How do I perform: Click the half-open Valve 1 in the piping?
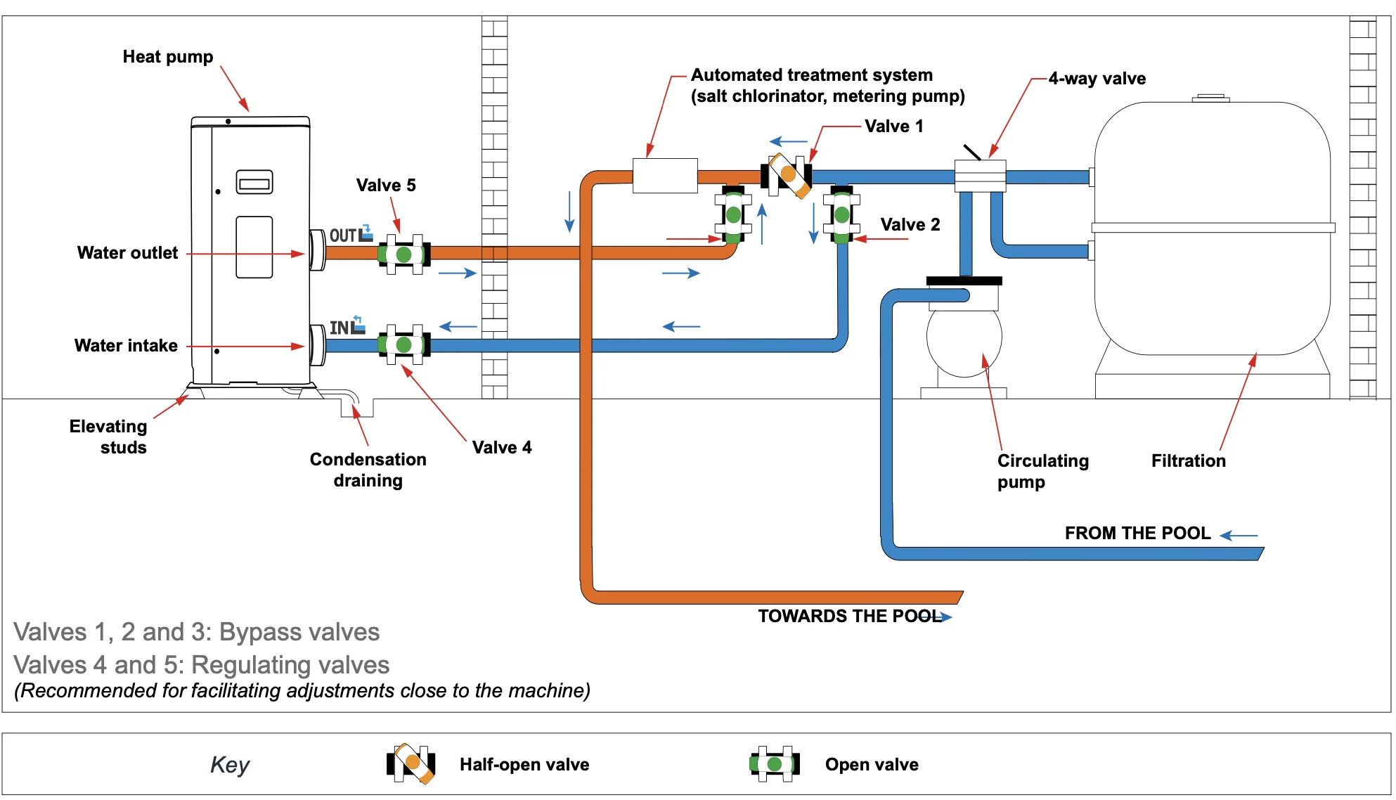(x=787, y=175)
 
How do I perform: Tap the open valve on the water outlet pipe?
(x=403, y=254)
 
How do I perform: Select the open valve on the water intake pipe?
(x=403, y=344)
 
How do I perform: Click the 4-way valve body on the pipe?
(x=980, y=176)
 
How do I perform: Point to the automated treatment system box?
(x=665, y=175)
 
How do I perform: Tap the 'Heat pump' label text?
(x=168, y=57)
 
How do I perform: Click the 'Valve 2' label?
(x=910, y=225)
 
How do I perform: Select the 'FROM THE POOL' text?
(x=1137, y=533)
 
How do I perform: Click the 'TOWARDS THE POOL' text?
(x=849, y=616)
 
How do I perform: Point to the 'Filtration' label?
(x=1188, y=460)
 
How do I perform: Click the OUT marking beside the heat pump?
(x=343, y=236)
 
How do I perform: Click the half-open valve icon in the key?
(x=411, y=763)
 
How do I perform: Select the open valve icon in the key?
(x=775, y=763)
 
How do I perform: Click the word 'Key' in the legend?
(x=230, y=764)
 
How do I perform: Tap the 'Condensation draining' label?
(x=368, y=470)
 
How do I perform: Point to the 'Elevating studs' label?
(x=109, y=437)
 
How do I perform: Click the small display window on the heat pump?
(x=254, y=182)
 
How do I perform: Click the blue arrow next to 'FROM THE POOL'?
(x=1239, y=536)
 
